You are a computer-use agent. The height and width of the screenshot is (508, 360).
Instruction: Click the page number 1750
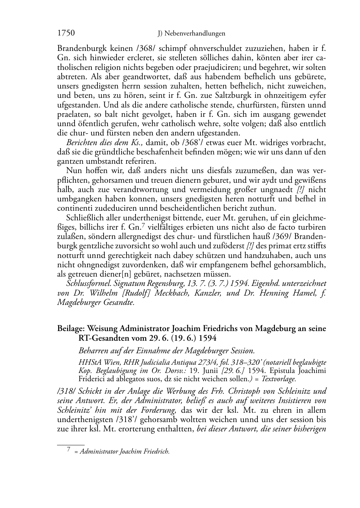[66, 33]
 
